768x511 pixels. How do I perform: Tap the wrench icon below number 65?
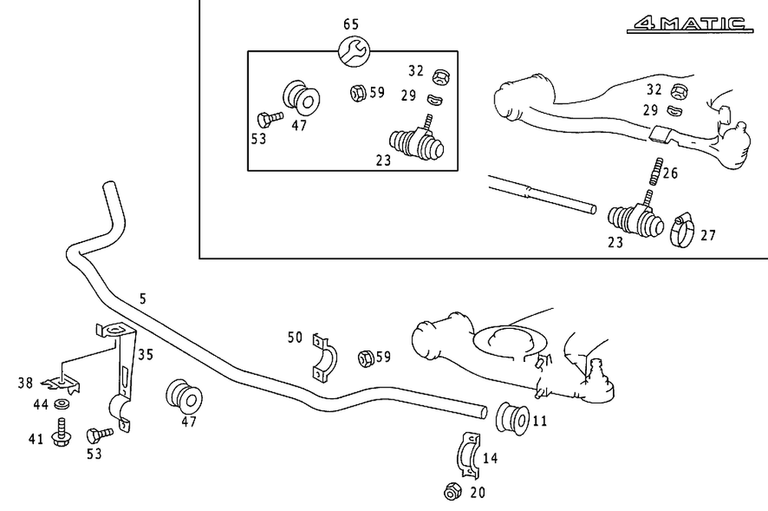click(355, 52)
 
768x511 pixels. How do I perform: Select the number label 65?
click(351, 25)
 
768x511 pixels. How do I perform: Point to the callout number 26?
click(670, 173)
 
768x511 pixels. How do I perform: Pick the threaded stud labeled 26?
click(654, 171)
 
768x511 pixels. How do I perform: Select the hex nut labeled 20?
click(452, 491)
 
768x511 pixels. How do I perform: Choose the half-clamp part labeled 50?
click(325, 357)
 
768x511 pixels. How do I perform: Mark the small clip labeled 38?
click(60, 380)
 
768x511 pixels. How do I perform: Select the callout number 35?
click(146, 354)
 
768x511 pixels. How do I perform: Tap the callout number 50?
click(295, 337)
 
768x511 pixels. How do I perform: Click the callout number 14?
click(490, 459)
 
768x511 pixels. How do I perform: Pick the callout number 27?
click(707, 235)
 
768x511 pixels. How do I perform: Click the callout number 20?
click(477, 492)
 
